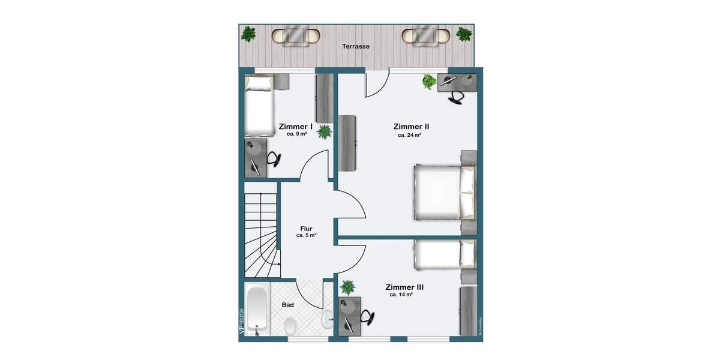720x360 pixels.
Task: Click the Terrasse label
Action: point(355,46)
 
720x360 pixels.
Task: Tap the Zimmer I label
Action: point(296,127)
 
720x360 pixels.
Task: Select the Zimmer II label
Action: point(411,127)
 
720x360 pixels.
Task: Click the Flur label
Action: point(307,229)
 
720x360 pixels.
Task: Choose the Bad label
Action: point(288,305)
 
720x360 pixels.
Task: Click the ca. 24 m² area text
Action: point(409,136)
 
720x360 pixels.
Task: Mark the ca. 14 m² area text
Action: point(401,295)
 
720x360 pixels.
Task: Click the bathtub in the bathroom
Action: point(257,311)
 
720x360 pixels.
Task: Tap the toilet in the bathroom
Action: point(290,326)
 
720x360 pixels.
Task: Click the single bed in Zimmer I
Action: point(259,105)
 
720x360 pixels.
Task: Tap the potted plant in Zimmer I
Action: point(324,131)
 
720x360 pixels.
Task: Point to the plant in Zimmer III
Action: point(347,287)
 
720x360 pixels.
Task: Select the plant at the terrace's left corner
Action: point(249,34)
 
